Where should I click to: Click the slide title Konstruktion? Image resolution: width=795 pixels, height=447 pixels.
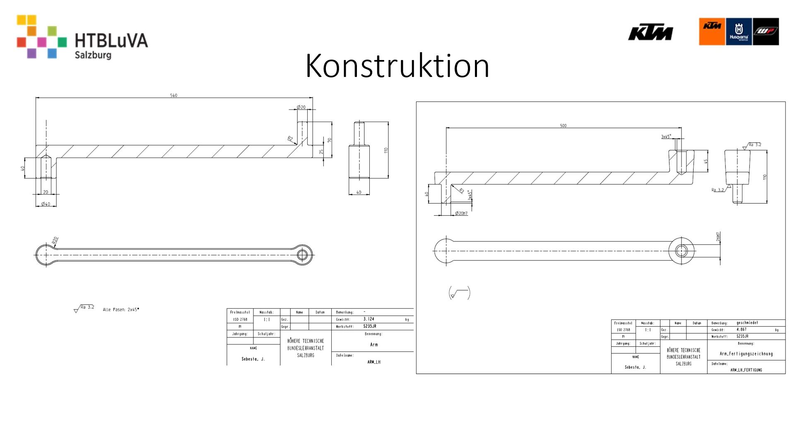click(397, 65)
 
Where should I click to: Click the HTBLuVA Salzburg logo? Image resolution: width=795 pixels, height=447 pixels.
click(82, 37)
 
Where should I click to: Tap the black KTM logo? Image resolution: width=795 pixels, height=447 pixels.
click(650, 33)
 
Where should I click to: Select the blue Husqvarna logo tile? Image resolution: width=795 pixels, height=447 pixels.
click(739, 31)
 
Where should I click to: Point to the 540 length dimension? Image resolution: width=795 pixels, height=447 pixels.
click(173, 96)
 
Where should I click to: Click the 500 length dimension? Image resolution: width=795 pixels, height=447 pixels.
click(563, 126)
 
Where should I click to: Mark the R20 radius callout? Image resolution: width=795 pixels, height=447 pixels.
click(55, 240)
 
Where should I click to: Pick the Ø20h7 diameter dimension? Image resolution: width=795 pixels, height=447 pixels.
click(461, 214)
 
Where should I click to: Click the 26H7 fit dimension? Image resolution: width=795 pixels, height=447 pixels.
click(718, 237)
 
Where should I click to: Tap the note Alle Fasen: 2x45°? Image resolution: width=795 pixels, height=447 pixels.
click(121, 310)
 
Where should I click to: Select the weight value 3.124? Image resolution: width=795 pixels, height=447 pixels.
click(369, 319)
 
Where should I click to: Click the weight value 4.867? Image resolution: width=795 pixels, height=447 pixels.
click(741, 330)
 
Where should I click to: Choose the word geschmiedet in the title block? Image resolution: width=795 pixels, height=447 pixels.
click(747, 323)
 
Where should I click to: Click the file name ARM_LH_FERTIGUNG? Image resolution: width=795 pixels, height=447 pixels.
click(746, 370)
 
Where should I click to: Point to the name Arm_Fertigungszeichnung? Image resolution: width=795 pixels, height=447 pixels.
click(746, 354)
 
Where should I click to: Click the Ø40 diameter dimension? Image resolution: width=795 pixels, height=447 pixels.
click(46, 204)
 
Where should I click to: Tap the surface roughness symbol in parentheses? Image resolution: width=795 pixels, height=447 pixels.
click(460, 293)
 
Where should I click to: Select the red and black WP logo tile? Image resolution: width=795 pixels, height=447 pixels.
click(766, 31)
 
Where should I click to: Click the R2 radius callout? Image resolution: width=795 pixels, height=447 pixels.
click(290, 139)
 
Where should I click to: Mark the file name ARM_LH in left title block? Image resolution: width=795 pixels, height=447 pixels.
click(373, 362)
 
